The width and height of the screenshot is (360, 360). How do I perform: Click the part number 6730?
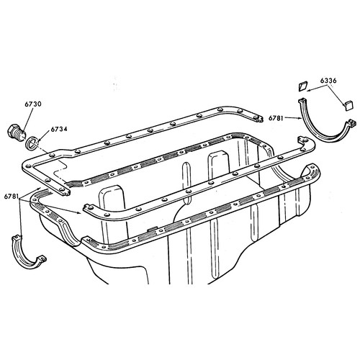[33, 104]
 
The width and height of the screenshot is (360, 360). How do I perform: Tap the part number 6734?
[59, 129]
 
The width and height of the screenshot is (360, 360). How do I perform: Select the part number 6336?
[328, 81]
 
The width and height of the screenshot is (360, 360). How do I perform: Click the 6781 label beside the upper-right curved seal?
[276, 118]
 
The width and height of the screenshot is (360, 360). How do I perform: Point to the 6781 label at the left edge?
[12, 197]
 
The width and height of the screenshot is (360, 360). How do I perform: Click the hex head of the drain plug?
[12, 131]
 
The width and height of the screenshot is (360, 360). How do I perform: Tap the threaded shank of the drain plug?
[19, 136]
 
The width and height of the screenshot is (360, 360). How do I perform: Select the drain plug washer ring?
[32, 143]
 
